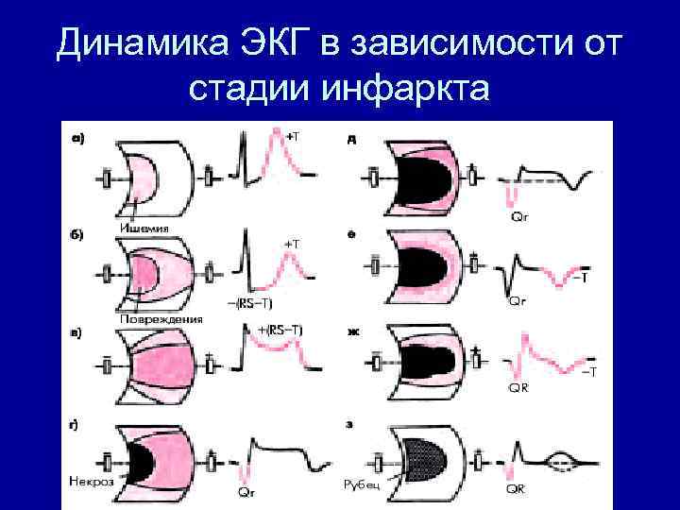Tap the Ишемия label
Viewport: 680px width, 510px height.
tap(144, 227)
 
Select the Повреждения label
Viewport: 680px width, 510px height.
tap(161, 318)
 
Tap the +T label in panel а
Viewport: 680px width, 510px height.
tap(294, 136)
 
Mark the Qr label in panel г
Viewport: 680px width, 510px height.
tap(246, 492)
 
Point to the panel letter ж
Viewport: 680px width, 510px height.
tap(352, 331)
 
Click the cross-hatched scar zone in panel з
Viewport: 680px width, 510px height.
tap(421, 462)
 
